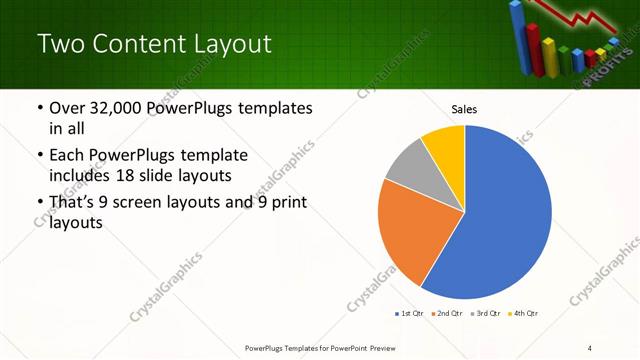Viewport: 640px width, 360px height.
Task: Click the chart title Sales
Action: (464, 108)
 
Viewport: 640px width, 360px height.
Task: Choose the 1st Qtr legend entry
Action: (410, 314)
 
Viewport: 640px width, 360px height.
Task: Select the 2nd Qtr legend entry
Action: (446, 314)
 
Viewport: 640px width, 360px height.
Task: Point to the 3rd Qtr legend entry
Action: (485, 314)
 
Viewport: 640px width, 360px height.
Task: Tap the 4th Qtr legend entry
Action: (522, 314)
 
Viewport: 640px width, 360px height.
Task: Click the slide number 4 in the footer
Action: (590, 348)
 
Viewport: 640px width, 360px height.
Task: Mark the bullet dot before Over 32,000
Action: (39, 108)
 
